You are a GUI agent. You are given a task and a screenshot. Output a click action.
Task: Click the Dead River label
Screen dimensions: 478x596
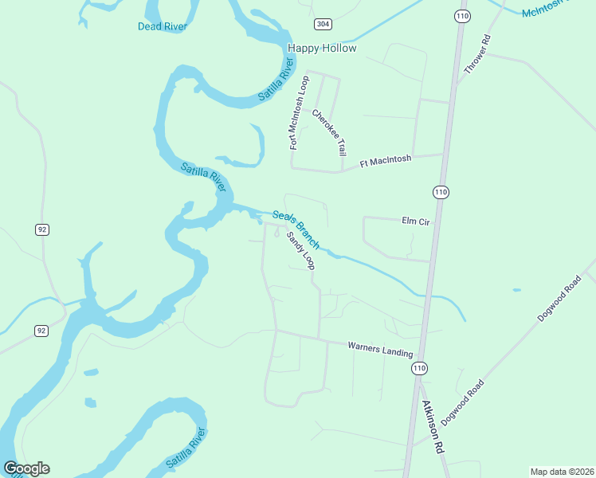(162, 26)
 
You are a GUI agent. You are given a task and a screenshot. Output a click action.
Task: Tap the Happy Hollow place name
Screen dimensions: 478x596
(322, 48)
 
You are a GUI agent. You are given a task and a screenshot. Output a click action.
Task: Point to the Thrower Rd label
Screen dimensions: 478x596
(476, 55)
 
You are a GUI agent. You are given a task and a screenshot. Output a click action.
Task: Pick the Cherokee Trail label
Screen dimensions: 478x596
(330, 132)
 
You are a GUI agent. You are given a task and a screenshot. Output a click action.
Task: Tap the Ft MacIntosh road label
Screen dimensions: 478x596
(386, 161)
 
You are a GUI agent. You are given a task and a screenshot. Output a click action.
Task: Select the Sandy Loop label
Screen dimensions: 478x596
(301, 251)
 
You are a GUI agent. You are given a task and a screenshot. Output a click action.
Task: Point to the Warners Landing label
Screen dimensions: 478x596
(380, 349)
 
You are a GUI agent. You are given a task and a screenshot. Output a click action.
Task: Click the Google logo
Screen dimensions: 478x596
(26, 468)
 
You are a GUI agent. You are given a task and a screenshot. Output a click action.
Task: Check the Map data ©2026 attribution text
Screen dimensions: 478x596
(561, 471)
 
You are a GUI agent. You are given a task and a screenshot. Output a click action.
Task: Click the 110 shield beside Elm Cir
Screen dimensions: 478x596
(441, 192)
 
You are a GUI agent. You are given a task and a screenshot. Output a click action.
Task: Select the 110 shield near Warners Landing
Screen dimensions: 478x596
(419, 368)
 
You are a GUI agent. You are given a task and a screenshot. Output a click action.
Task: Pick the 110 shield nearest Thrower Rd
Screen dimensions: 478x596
(463, 15)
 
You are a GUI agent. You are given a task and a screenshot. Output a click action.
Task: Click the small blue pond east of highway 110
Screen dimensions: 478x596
(517, 289)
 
